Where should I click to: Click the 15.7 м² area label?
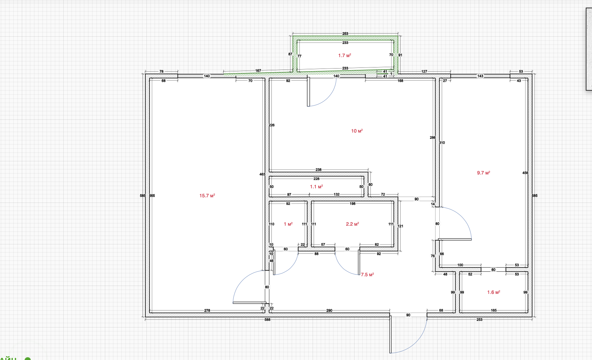207,196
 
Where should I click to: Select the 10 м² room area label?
357,131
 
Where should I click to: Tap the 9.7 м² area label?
483,173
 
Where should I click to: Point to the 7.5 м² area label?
367,274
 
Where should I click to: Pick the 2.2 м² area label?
352,224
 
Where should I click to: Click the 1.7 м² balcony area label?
344,55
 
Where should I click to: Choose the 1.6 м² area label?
493,292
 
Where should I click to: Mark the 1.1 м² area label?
316,187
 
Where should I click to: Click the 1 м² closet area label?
288,224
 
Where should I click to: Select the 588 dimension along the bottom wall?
267,319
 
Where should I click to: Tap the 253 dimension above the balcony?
345,34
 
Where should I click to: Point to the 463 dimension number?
262,174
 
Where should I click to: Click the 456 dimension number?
525,173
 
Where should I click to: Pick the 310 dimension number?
442,143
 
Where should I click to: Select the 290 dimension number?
329,310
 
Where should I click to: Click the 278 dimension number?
207,310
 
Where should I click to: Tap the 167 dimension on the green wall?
258,71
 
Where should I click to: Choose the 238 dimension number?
319,170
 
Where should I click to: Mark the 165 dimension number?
494,310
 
